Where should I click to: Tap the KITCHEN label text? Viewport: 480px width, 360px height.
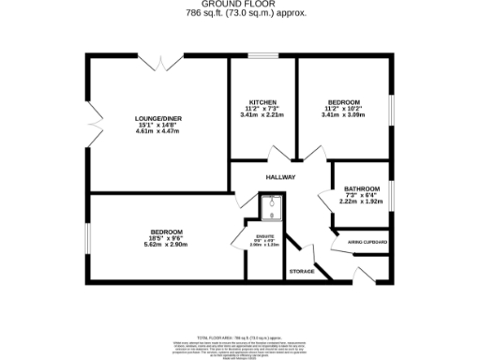point(262,101)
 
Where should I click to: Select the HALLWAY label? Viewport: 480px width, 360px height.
point(280,176)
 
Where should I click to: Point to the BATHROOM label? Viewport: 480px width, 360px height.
point(361,187)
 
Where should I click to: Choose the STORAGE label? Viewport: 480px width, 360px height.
point(302,271)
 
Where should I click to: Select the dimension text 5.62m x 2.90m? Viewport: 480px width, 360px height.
point(167,245)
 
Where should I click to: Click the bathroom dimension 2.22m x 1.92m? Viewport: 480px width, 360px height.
point(361,202)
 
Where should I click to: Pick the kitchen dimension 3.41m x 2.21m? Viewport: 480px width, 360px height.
point(262,115)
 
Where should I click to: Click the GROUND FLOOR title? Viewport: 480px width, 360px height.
point(239,5)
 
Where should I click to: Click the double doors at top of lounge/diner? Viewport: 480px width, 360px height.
point(165,62)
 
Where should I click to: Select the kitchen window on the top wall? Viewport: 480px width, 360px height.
point(262,56)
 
